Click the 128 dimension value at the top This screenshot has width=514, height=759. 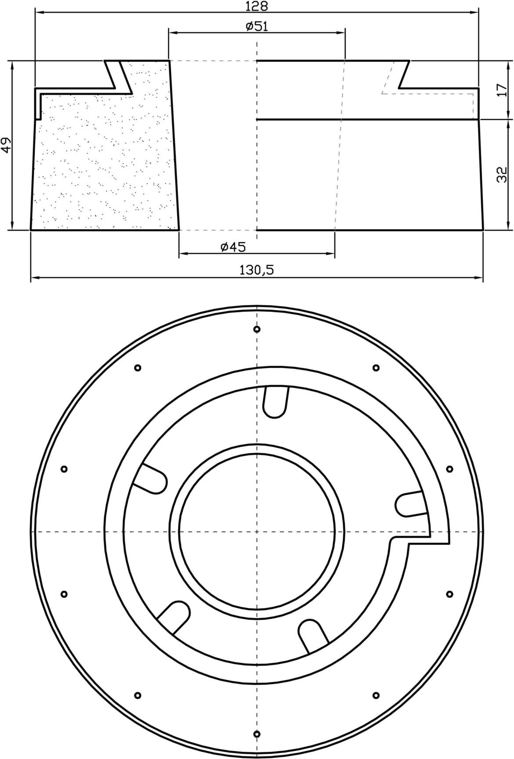257,6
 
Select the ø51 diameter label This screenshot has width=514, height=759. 257,26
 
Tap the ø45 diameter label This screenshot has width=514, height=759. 233,247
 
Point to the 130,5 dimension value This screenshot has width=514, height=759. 257,270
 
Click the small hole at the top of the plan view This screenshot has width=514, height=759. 257,329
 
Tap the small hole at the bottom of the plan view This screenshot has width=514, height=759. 257,734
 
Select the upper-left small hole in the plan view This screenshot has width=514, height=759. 138,367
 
